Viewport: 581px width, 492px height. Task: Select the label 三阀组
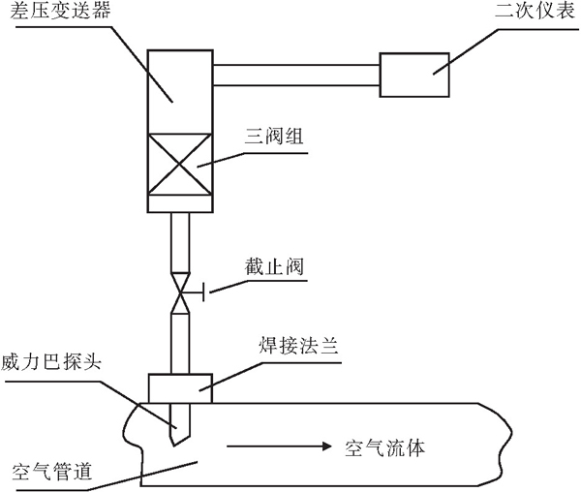pos(275,138)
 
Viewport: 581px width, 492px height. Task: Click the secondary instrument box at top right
pos(415,75)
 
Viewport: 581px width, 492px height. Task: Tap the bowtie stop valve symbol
pos(178,292)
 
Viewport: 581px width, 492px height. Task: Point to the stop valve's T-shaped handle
pos(198,292)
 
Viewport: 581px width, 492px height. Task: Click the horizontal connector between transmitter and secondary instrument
pos(295,75)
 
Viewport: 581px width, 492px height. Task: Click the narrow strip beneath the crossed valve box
pos(177,204)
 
